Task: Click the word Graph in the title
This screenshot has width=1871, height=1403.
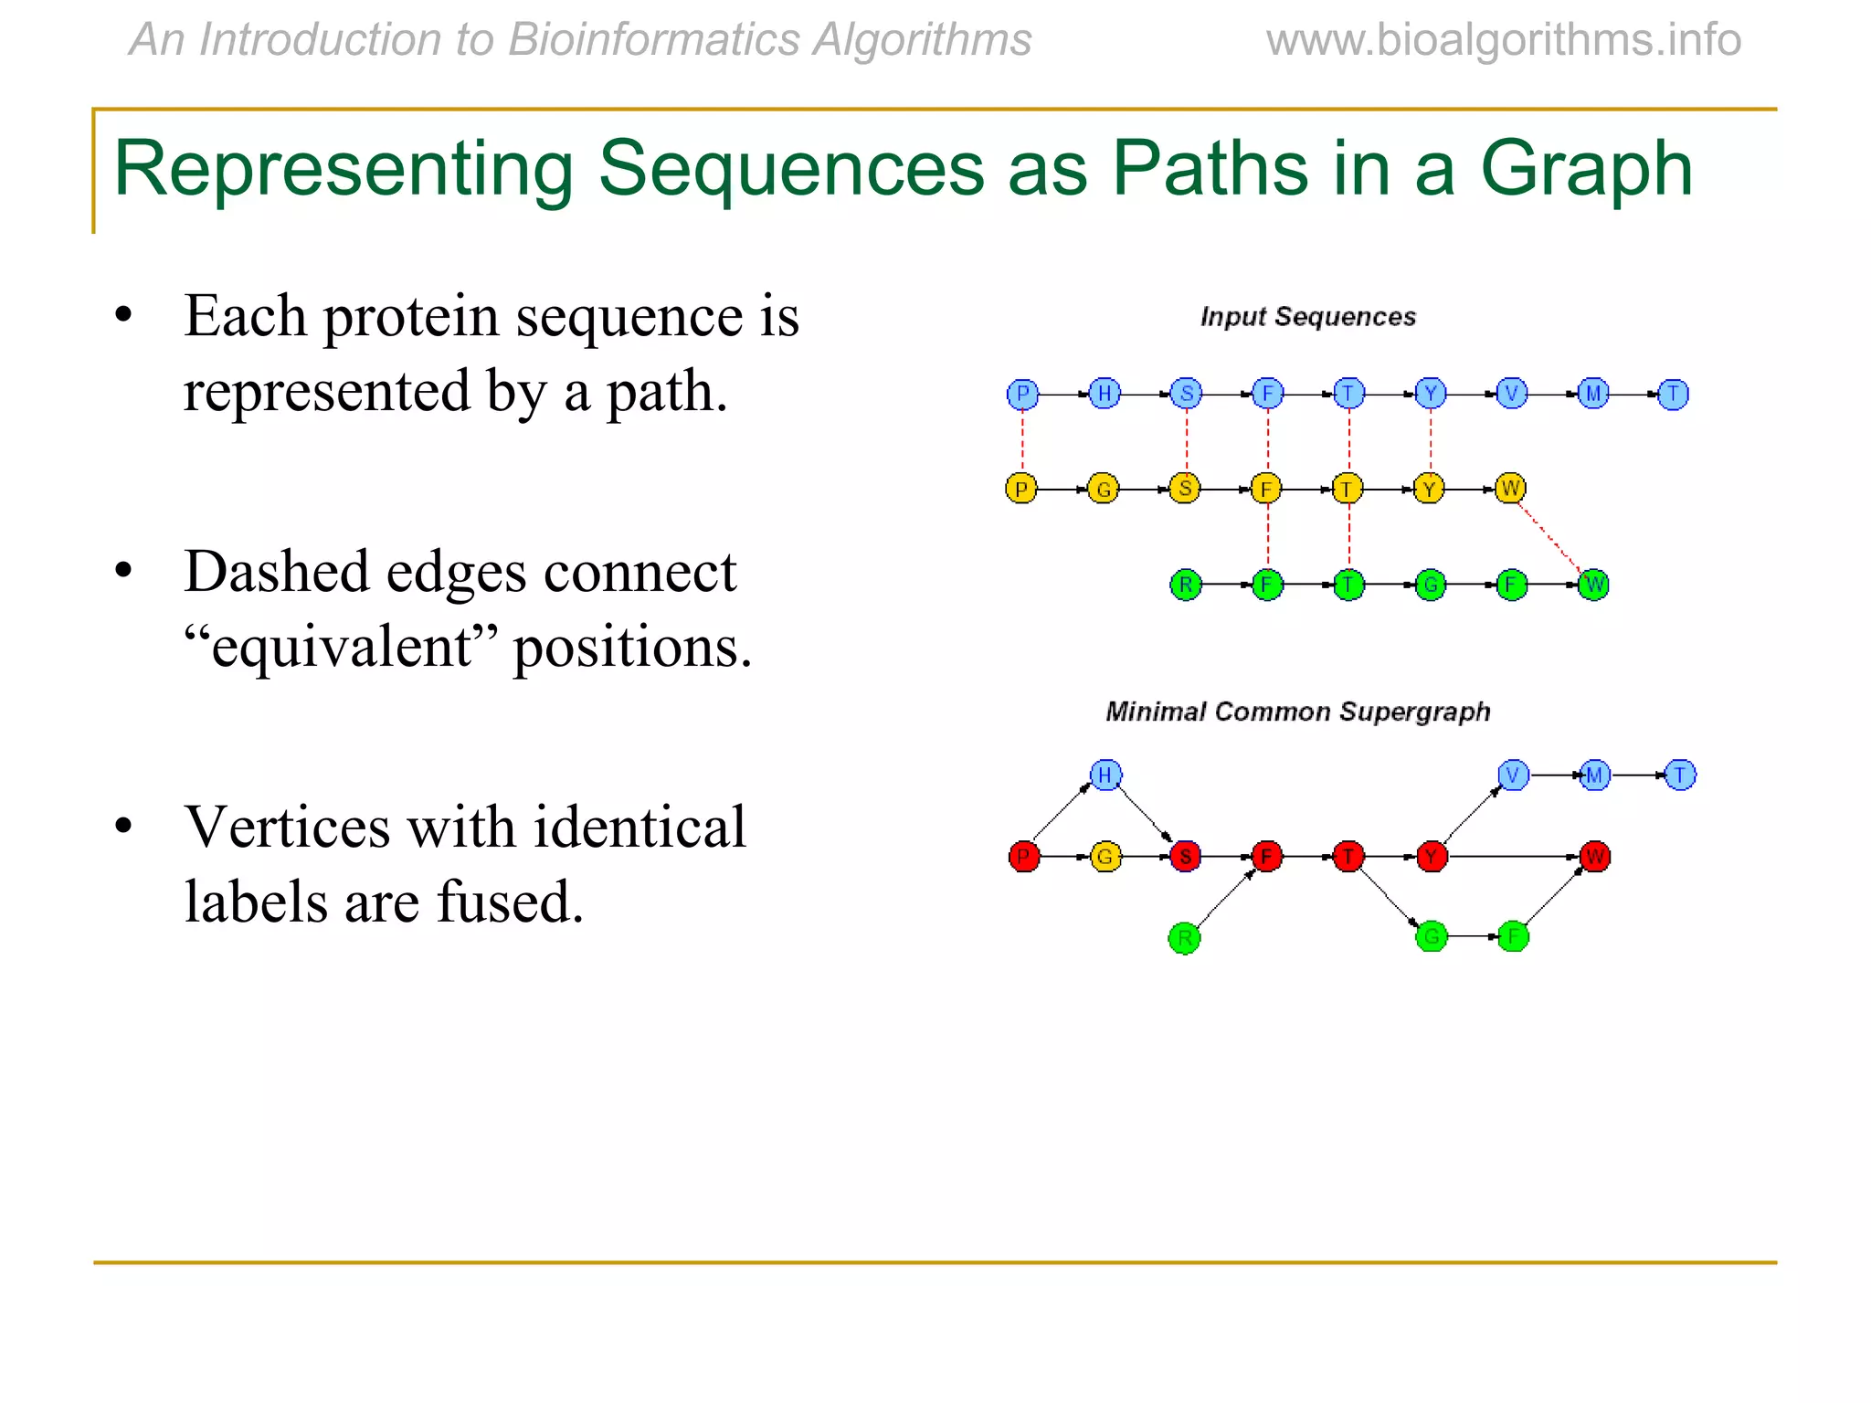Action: (1586, 169)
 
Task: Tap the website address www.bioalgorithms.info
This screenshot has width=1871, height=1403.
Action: (1503, 40)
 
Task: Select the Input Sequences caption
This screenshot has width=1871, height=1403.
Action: (1307, 317)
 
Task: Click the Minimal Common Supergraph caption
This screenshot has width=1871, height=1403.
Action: (1297, 712)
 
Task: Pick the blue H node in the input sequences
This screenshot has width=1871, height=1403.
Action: (1105, 395)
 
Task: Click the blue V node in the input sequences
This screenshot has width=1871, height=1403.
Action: (1512, 395)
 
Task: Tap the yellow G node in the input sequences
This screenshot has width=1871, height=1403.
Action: (1104, 490)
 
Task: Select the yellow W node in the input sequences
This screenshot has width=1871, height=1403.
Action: (1510, 489)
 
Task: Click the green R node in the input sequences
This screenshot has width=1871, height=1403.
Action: (1185, 585)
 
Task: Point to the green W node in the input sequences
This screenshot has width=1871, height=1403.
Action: (1593, 585)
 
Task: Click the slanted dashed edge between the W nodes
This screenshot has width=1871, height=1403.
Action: (1551, 537)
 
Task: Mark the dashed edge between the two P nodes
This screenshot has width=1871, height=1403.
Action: (1022, 442)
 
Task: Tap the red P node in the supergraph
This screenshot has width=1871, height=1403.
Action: (1024, 857)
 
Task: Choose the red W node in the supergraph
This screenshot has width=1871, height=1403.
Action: (1594, 857)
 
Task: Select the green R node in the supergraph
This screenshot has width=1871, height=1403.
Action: (1184, 938)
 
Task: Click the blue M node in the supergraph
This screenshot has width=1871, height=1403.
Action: (1594, 775)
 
